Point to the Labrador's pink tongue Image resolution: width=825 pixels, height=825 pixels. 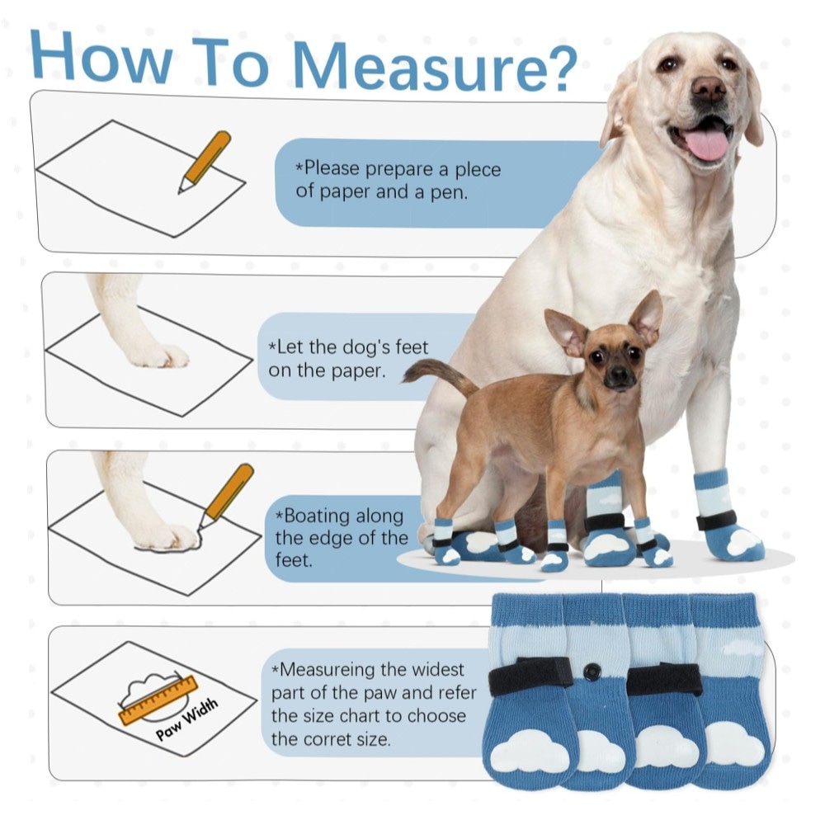[708, 143]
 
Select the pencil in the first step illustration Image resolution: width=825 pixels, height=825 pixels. [204, 162]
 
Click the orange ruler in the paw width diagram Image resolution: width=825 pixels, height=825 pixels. [158, 700]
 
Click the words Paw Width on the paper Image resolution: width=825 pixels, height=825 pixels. [186, 719]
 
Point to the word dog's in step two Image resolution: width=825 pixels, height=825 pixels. [366, 347]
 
